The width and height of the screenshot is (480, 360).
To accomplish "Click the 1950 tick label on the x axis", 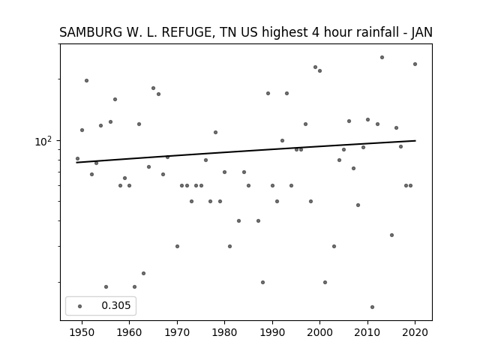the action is click(x=82, y=333).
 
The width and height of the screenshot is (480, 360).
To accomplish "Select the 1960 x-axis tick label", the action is click(x=129, y=333).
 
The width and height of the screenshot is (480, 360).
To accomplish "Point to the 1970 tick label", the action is click(x=177, y=333).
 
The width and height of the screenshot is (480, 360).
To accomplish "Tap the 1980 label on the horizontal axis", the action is click(x=224, y=333).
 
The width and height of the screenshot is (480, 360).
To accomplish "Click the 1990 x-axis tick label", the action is click(x=272, y=333).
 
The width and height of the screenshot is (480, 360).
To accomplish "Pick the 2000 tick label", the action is click(x=319, y=333).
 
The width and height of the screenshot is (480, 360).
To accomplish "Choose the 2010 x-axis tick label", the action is click(x=367, y=333).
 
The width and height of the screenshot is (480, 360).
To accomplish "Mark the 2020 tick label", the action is click(x=415, y=333).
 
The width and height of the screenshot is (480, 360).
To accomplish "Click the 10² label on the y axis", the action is click(x=43, y=141).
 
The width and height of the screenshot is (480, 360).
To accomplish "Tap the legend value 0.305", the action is click(x=116, y=305).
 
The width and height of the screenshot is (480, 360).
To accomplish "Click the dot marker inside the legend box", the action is click(x=80, y=306).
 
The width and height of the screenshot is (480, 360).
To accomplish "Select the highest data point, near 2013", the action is click(x=382, y=57).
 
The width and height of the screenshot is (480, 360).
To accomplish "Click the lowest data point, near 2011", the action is click(x=372, y=307).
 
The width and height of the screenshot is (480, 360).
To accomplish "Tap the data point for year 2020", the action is click(x=415, y=64).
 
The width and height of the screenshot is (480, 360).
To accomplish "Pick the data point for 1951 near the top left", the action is click(x=87, y=80).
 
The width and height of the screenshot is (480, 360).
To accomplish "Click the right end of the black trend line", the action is click(x=415, y=140).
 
